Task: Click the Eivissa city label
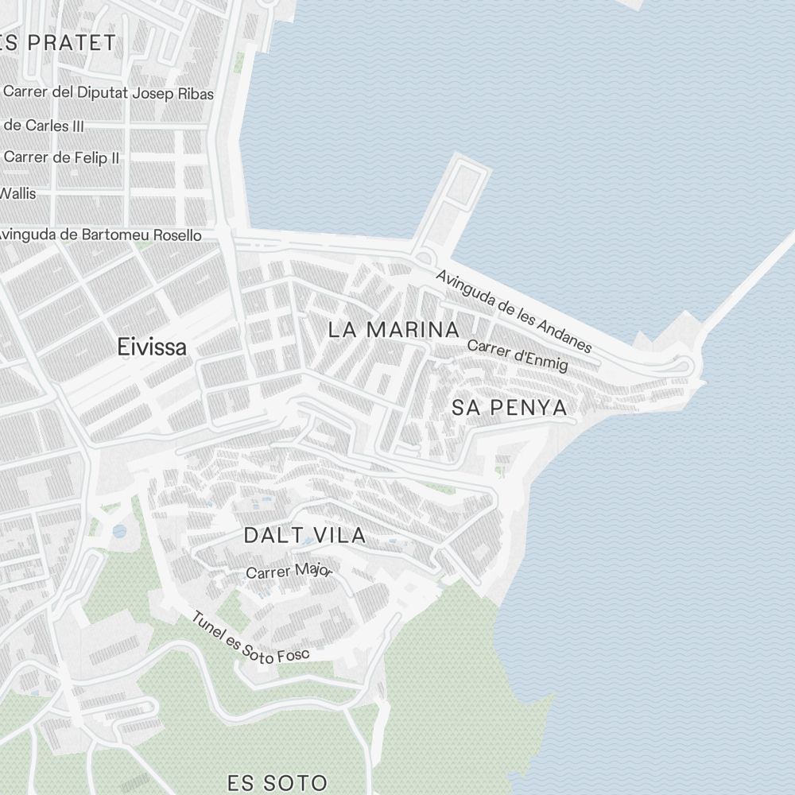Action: pos(152,347)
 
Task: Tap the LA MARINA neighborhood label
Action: pos(394,330)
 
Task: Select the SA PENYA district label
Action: pos(510,408)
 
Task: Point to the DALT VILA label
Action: pos(304,536)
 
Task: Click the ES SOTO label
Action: pos(277,782)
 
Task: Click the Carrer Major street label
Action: pos(289,571)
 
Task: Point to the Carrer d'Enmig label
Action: pos(518,355)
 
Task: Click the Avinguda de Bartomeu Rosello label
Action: pos(99,235)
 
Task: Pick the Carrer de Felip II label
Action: pos(61,157)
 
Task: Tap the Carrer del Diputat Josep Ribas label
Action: pos(108,93)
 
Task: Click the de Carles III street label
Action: pos(44,126)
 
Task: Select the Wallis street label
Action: pos(18,193)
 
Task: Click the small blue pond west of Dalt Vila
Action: pos(119,530)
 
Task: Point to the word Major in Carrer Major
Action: pos(312,569)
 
